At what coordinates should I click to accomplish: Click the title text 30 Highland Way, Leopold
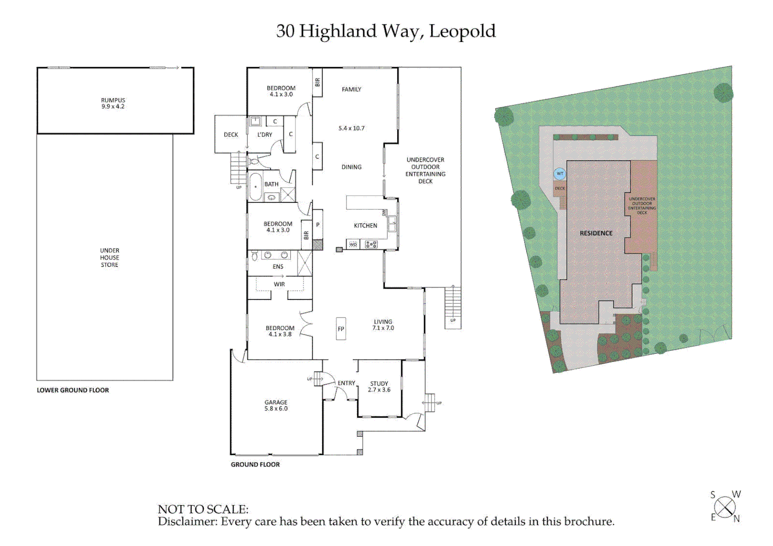385,31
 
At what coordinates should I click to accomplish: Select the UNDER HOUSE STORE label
109,257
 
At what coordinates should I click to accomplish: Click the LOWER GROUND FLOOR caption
73,390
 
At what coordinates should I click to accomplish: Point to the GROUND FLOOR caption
255,465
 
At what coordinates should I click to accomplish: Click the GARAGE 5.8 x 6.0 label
276,405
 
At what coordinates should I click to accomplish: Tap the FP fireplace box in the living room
341,329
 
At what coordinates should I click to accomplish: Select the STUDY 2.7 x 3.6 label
379,387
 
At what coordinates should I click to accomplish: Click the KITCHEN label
365,225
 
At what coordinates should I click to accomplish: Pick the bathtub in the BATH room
255,187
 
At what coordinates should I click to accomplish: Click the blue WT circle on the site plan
560,174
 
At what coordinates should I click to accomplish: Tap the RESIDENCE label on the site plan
596,233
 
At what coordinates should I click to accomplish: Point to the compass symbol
725,507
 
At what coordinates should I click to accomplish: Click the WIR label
279,284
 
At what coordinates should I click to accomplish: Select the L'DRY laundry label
265,135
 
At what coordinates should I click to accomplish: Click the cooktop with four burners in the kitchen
371,245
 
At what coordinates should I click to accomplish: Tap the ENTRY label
347,383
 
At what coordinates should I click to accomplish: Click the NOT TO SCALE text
203,509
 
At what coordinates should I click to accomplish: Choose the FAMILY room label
351,89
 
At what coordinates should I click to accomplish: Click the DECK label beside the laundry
231,135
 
